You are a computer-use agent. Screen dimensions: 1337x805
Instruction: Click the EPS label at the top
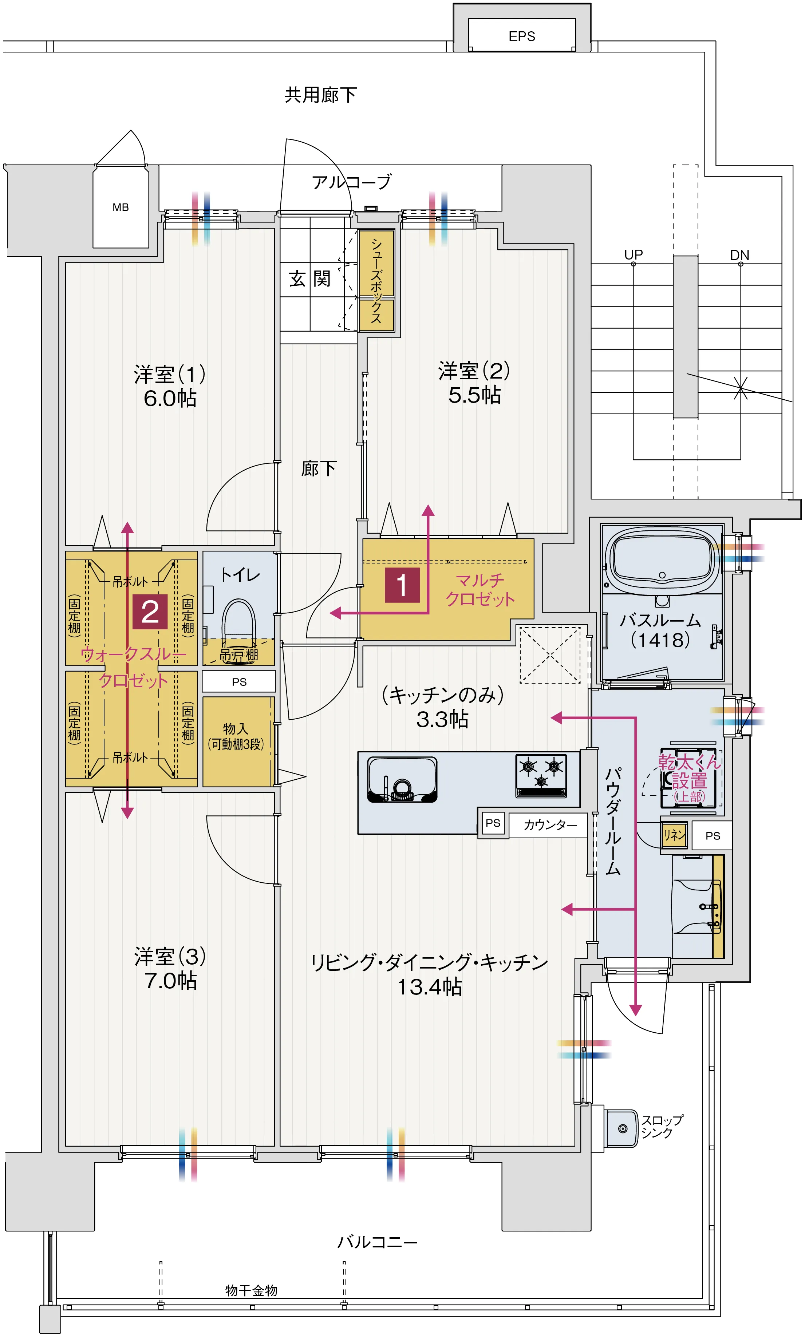521,36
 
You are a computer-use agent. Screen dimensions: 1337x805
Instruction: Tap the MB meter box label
121,207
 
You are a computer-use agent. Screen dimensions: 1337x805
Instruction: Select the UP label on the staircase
633,254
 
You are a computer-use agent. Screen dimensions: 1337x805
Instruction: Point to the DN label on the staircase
739,255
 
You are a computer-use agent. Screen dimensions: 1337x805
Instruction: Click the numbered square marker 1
402,585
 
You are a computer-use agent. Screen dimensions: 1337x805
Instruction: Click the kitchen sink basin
402,779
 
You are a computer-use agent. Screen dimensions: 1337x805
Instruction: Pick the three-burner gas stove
540,775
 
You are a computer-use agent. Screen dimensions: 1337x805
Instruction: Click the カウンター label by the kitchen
549,824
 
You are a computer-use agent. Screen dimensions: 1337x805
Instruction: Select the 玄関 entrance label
309,279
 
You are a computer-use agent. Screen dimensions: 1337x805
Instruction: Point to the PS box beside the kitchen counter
493,823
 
